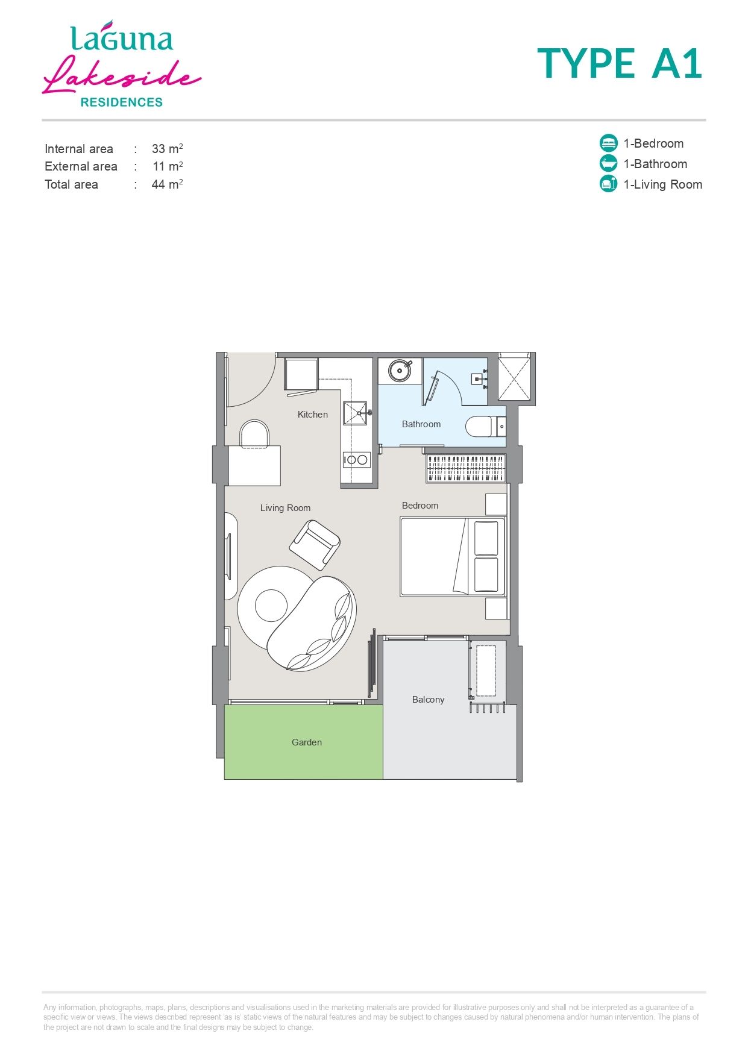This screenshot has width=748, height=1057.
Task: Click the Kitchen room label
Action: pyautogui.click(x=312, y=415)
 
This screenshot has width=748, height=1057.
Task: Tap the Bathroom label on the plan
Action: pyautogui.click(x=421, y=424)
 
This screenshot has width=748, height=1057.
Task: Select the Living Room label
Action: pyautogui.click(x=285, y=508)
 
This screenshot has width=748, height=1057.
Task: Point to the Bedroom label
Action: pyautogui.click(x=420, y=506)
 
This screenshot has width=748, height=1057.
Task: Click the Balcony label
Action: pyautogui.click(x=428, y=700)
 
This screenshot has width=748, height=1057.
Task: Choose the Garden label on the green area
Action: pyautogui.click(x=306, y=742)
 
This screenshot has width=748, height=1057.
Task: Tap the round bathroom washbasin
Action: pyautogui.click(x=399, y=371)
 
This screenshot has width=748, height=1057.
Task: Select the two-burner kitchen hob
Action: pyautogui.click(x=356, y=460)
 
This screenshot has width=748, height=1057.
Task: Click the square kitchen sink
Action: pyautogui.click(x=355, y=413)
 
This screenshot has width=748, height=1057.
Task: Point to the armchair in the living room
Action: pyautogui.click(x=315, y=545)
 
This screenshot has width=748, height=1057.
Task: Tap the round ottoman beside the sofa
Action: pyautogui.click(x=271, y=606)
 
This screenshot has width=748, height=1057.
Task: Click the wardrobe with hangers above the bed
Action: pyautogui.click(x=465, y=468)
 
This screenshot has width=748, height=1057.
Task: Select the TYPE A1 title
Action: pyautogui.click(x=620, y=63)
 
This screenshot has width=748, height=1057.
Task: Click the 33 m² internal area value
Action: pyautogui.click(x=167, y=148)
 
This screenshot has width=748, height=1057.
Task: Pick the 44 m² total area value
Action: pyautogui.click(x=167, y=184)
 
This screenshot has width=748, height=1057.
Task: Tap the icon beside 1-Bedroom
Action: pyautogui.click(x=609, y=143)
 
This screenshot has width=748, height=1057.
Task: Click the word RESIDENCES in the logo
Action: pyautogui.click(x=122, y=102)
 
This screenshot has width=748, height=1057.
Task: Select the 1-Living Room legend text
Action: pyautogui.click(x=662, y=184)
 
